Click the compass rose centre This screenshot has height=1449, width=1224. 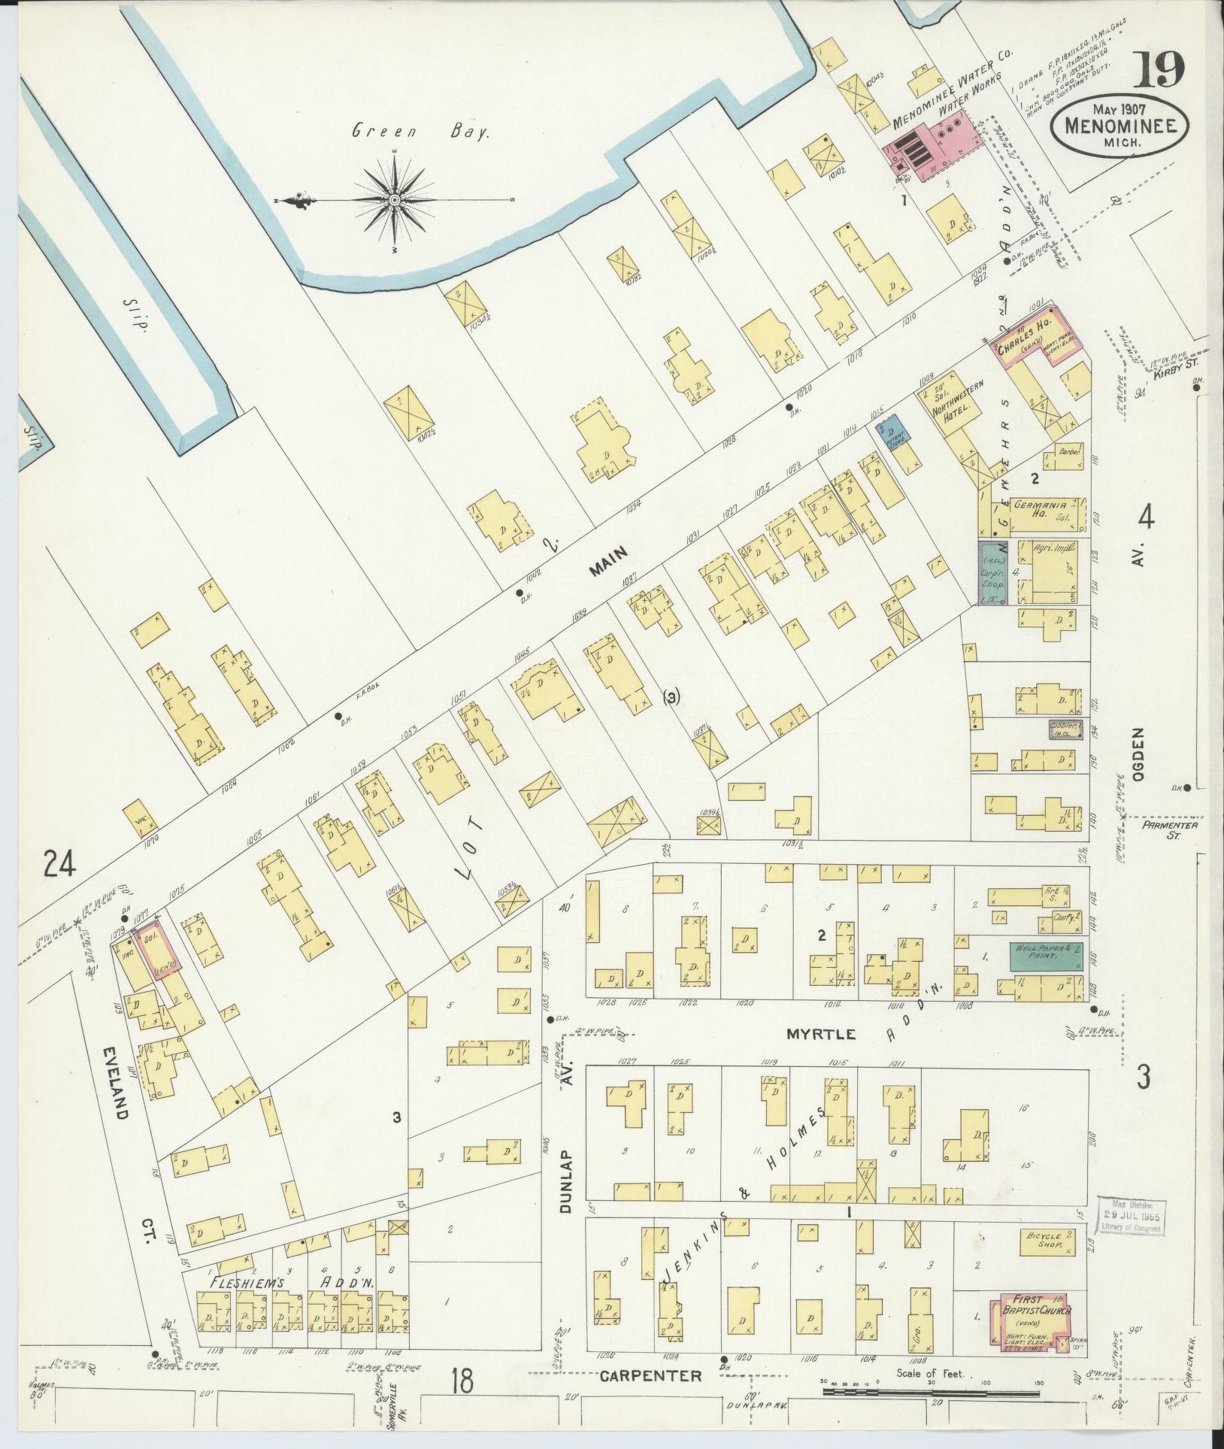coord(395,200)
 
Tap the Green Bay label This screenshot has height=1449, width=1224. coord(421,133)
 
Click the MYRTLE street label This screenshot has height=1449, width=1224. coord(821,1034)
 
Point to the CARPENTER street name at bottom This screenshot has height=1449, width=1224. coord(650,1376)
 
